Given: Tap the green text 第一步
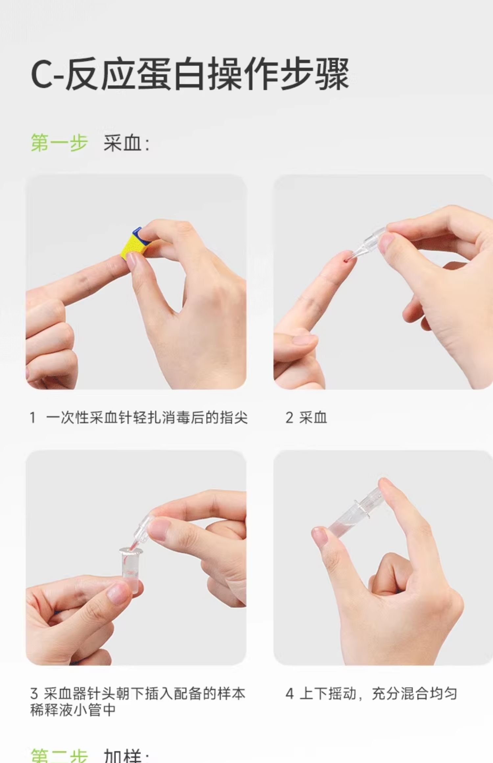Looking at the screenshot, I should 59,143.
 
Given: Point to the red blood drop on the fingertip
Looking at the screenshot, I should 345,260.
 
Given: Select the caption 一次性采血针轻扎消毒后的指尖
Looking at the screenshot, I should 147,418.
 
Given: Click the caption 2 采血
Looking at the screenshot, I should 306,418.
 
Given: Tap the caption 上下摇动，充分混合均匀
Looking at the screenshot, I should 378,694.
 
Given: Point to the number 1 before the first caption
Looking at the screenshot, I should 33,418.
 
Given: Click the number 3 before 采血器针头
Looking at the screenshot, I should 34,694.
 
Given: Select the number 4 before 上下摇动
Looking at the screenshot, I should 290,694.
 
